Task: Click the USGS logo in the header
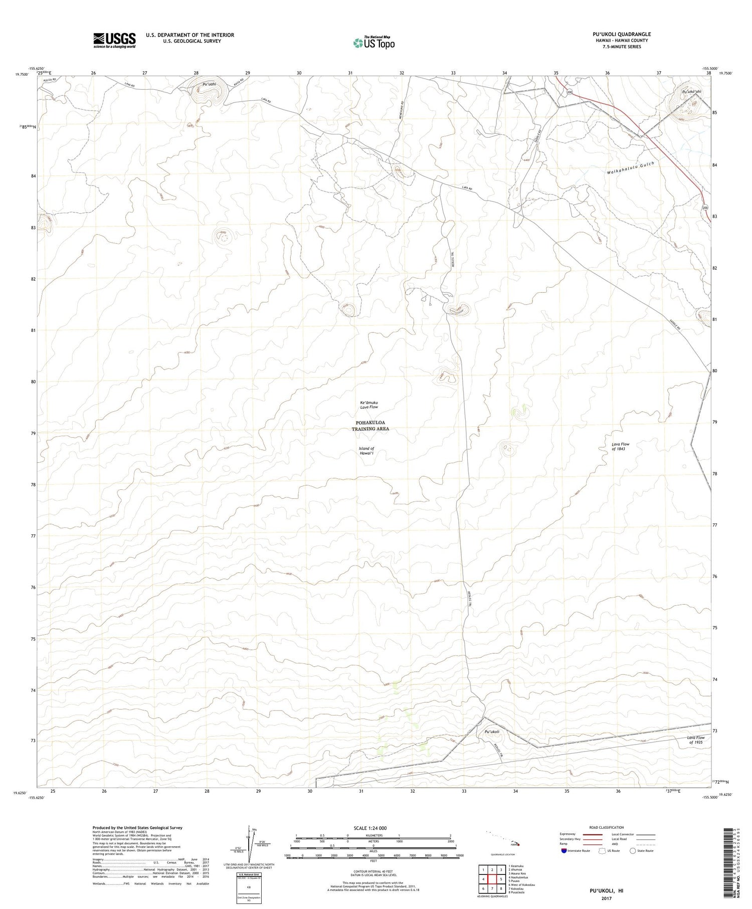tap(114, 40)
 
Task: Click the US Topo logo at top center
tap(373, 43)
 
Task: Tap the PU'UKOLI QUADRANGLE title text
tap(621, 34)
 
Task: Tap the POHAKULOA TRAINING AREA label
tap(370, 426)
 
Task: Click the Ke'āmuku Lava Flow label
tap(369, 405)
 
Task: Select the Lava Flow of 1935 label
tap(695, 740)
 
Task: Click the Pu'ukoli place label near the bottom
tap(492, 732)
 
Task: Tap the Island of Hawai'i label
tap(366, 451)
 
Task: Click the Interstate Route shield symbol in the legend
tap(564, 851)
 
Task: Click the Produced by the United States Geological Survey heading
tap(137, 828)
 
